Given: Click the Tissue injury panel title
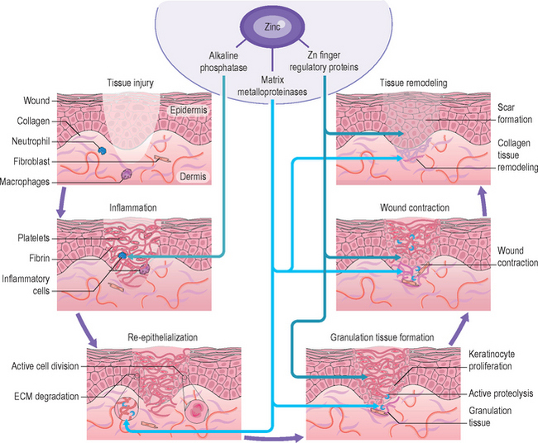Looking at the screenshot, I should pyautogui.click(x=132, y=83).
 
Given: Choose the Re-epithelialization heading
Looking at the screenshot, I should pyautogui.click(x=162, y=338).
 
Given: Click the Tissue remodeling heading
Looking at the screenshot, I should pyautogui.click(x=413, y=83).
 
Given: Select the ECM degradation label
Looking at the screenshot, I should pyautogui.click(x=46, y=396).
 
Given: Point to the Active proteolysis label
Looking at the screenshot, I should pyautogui.click(x=502, y=394).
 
